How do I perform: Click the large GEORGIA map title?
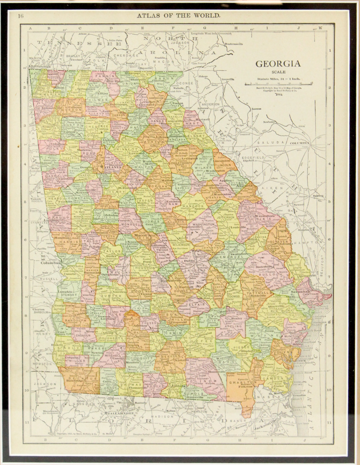pos(278,64)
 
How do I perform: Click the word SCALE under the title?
pos(279,73)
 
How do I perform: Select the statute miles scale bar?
pos(278,85)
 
